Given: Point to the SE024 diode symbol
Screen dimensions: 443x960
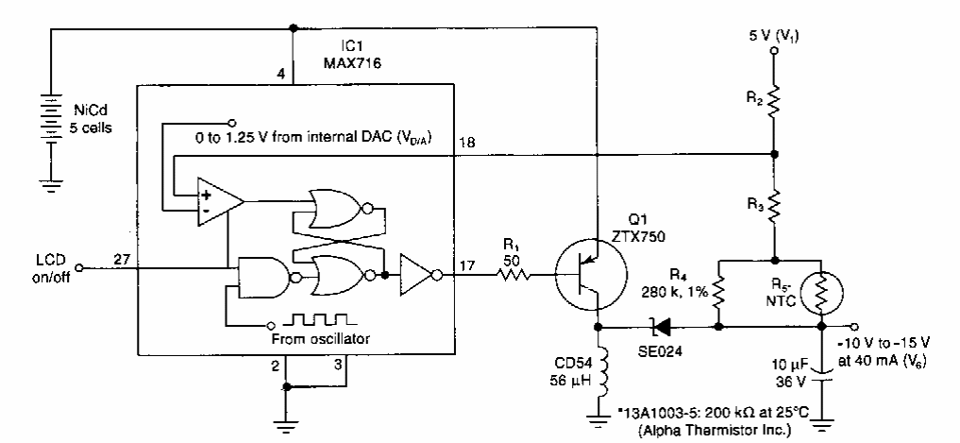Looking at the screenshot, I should pyautogui.click(x=665, y=328).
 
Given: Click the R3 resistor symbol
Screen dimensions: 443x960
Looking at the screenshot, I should pyautogui.click(x=774, y=207).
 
